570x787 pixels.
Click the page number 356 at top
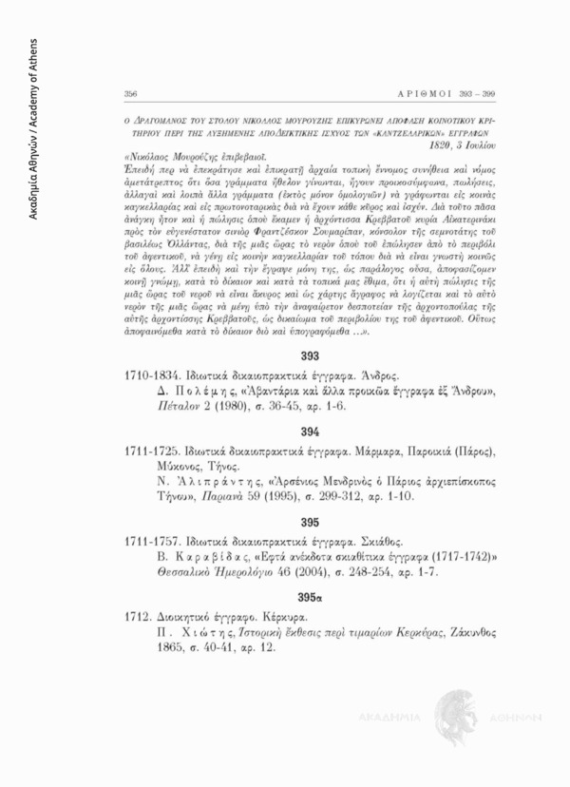click(x=130, y=94)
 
